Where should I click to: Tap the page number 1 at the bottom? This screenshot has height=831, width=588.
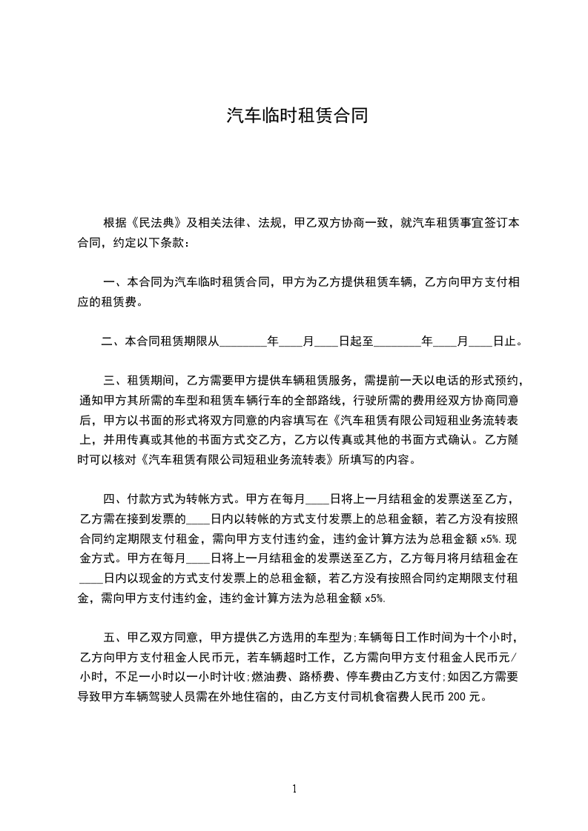[294, 789]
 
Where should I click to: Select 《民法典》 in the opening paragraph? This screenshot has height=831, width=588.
[159, 222]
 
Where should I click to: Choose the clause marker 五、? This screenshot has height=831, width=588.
[116, 636]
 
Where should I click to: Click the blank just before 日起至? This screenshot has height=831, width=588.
[326, 341]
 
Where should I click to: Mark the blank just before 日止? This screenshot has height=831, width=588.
[481, 341]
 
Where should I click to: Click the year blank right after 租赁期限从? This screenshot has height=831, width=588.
[243, 341]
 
